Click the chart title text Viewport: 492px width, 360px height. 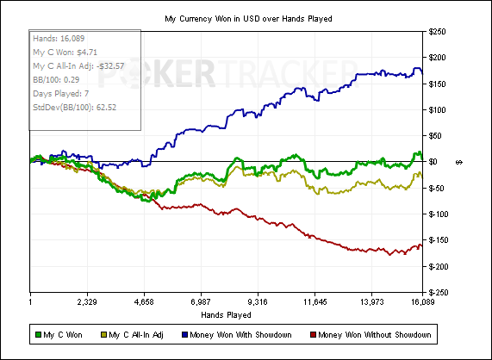click(x=248, y=19)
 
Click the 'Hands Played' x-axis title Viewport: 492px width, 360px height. click(x=226, y=314)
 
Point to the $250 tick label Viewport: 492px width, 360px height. click(x=437, y=32)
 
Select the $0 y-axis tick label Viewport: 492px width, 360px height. click(x=433, y=162)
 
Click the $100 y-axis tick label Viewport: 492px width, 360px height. click(x=437, y=110)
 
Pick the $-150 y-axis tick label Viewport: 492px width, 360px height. click(x=439, y=240)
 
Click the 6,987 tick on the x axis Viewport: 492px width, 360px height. click(x=201, y=302)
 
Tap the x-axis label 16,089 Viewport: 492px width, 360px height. click(x=422, y=302)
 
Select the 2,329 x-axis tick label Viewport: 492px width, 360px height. click(x=87, y=302)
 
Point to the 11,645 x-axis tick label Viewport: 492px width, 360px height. click(x=315, y=302)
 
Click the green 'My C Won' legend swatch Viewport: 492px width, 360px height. click(x=38, y=335)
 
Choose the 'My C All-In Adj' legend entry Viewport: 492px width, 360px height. click(x=132, y=335)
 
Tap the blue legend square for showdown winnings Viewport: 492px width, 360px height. click(x=184, y=335)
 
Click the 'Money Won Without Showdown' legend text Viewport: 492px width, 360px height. click(x=374, y=335)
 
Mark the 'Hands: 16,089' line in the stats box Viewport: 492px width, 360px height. click(x=59, y=39)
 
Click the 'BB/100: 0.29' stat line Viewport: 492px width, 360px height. click(x=56, y=79)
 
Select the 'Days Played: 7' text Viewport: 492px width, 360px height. click(x=61, y=94)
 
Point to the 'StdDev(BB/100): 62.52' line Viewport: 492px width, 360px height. click(x=74, y=108)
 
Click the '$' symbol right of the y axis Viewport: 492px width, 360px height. click(x=458, y=162)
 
